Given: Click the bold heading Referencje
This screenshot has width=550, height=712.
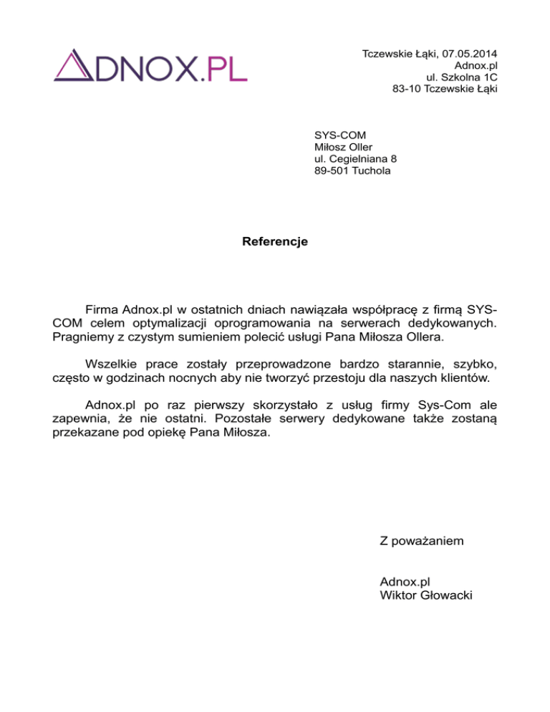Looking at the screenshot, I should point(275,241).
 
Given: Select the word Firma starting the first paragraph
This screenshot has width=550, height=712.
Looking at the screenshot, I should point(102,309).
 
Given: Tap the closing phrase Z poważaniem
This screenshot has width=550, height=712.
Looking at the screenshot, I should point(422,541).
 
